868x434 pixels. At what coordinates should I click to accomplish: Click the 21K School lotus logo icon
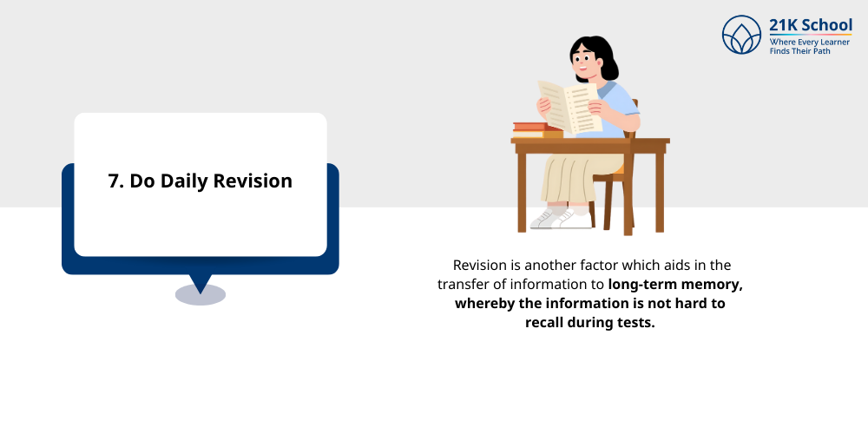pyautogui.click(x=741, y=35)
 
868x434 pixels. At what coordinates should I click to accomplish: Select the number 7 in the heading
pyautogui.click(x=113, y=181)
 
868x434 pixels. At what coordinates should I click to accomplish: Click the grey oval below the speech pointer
pyautogui.click(x=201, y=295)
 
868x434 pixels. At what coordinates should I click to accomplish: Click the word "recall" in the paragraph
pyautogui.click(x=546, y=323)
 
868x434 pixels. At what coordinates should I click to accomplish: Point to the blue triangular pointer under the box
pyautogui.click(x=201, y=282)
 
